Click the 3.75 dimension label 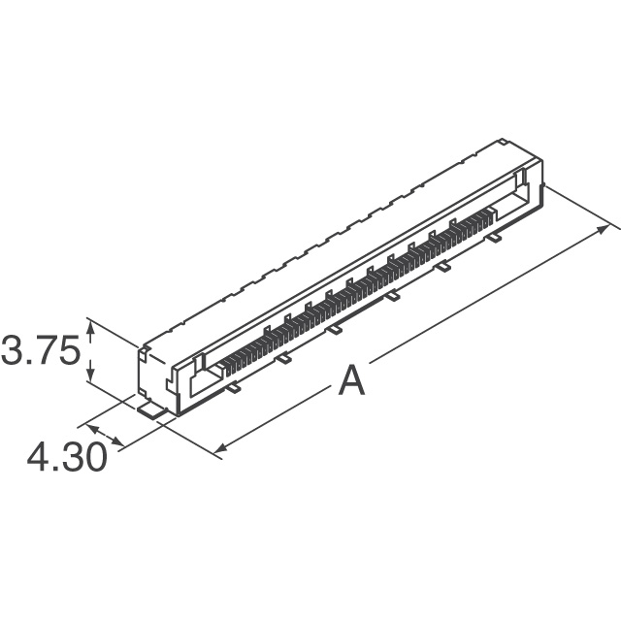tap(41, 350)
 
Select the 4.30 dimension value tap(67, 457)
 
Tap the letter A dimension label tap(351, 380)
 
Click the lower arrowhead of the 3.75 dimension tap(90, 375)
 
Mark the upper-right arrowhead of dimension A tap(604, 228)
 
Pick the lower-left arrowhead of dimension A tap(220, 447)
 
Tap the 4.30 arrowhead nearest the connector tap(118, 441)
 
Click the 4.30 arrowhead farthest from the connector tap(92, 428)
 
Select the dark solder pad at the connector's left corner tap(150, 409)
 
